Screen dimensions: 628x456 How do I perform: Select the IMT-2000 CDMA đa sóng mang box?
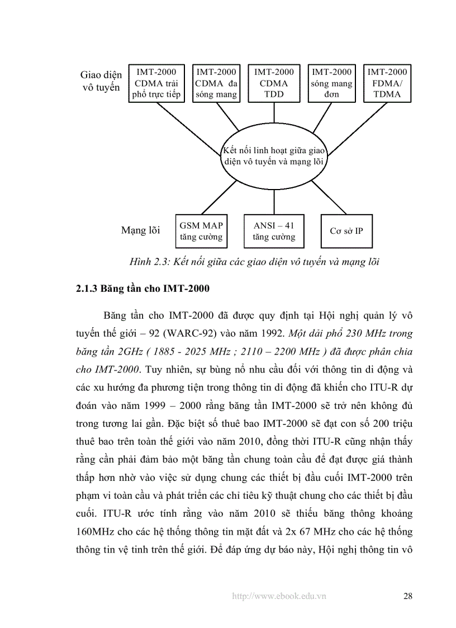click(216, 83)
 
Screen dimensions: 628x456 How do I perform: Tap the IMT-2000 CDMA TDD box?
click(274, 83)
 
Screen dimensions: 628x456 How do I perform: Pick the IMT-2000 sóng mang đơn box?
click(332, 83)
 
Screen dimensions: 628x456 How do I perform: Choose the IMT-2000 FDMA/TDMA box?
click(387, 83)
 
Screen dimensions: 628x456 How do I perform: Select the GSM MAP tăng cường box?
click(201, 230)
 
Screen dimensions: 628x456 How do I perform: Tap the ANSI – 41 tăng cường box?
click(273, 230)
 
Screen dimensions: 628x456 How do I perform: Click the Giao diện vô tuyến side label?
click(101, 81)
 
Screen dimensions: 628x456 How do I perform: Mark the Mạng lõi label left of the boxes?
click(140, 230)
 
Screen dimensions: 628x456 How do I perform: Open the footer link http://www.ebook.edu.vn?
click(279, 596)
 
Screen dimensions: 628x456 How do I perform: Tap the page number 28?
click(407, 596)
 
